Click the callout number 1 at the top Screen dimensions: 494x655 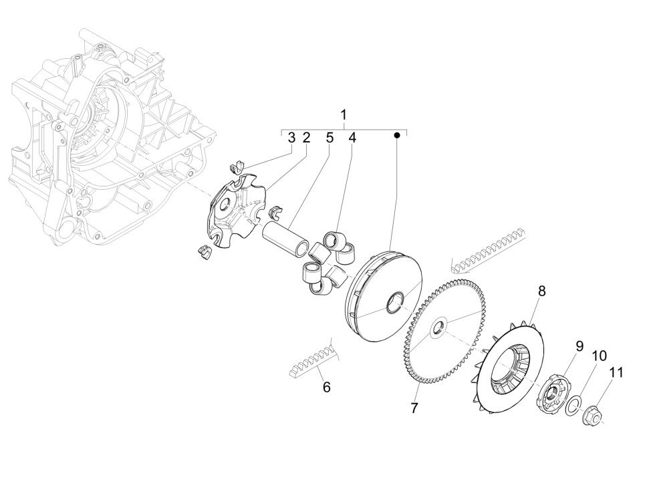tap(344, 115)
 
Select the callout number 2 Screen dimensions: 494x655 tap(306, 138)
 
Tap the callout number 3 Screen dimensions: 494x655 tap(291, 138)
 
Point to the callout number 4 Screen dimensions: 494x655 tap(352, 138)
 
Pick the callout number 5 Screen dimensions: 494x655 tap(330, 138)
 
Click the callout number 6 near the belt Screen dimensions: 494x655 tap(327, 386)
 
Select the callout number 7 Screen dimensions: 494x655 tap(414, 408)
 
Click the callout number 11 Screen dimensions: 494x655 tap(616, 372)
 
